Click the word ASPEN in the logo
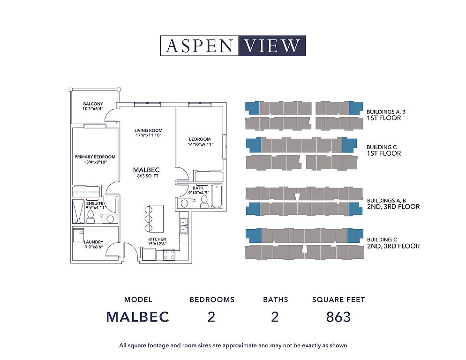click(199, 46)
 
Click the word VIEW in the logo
click(271, 46)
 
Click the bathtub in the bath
click(217, 196)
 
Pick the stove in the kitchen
click(169, 255)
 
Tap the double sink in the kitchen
click(183, 225)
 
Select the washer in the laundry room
click(79, 235)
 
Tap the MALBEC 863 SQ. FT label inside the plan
click(146, 172)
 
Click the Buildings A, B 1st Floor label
click(386, 115)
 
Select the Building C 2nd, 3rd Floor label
click(393, 243)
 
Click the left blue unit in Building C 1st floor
click(254, 145)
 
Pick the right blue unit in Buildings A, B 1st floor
click(356, 108)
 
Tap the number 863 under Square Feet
click(338, 317)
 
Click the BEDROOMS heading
click(212, 300)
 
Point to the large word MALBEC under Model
click(138, 317)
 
